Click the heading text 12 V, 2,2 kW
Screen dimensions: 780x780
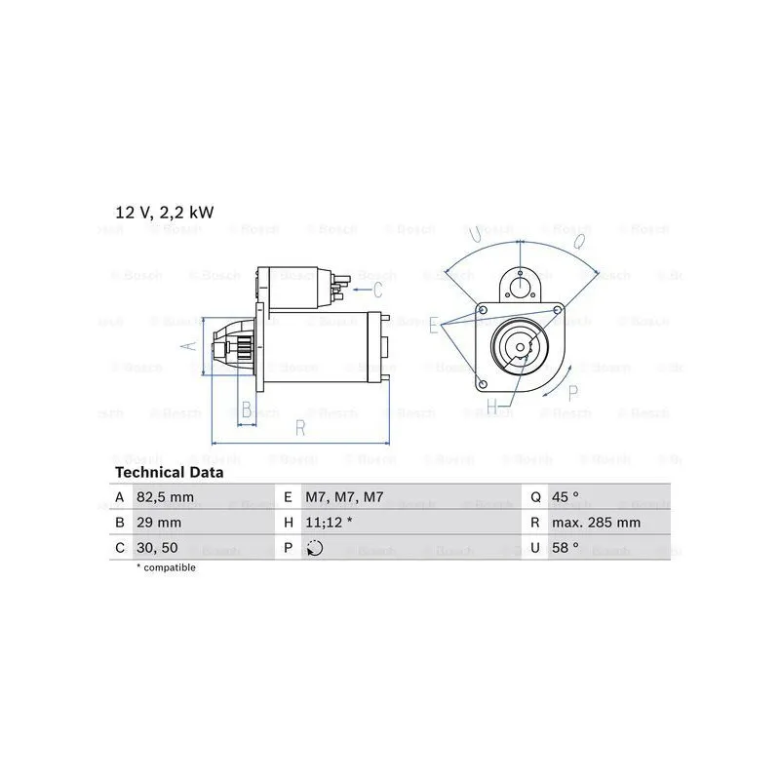tap(165, 213)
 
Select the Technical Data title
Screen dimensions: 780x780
tap(169, 472)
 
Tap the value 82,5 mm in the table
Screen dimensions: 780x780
tap(165, 497)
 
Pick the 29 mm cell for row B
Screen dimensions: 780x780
tap(159, 523)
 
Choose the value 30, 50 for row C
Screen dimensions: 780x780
tap(157, 548)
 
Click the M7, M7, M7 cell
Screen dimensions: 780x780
tap(344, 497)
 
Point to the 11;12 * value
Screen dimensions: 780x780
tap(329, 523)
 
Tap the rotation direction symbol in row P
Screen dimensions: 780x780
tap(314, 548)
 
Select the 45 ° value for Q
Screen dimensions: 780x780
tap(565, 497)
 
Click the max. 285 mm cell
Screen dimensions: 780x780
tap(596, 523)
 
